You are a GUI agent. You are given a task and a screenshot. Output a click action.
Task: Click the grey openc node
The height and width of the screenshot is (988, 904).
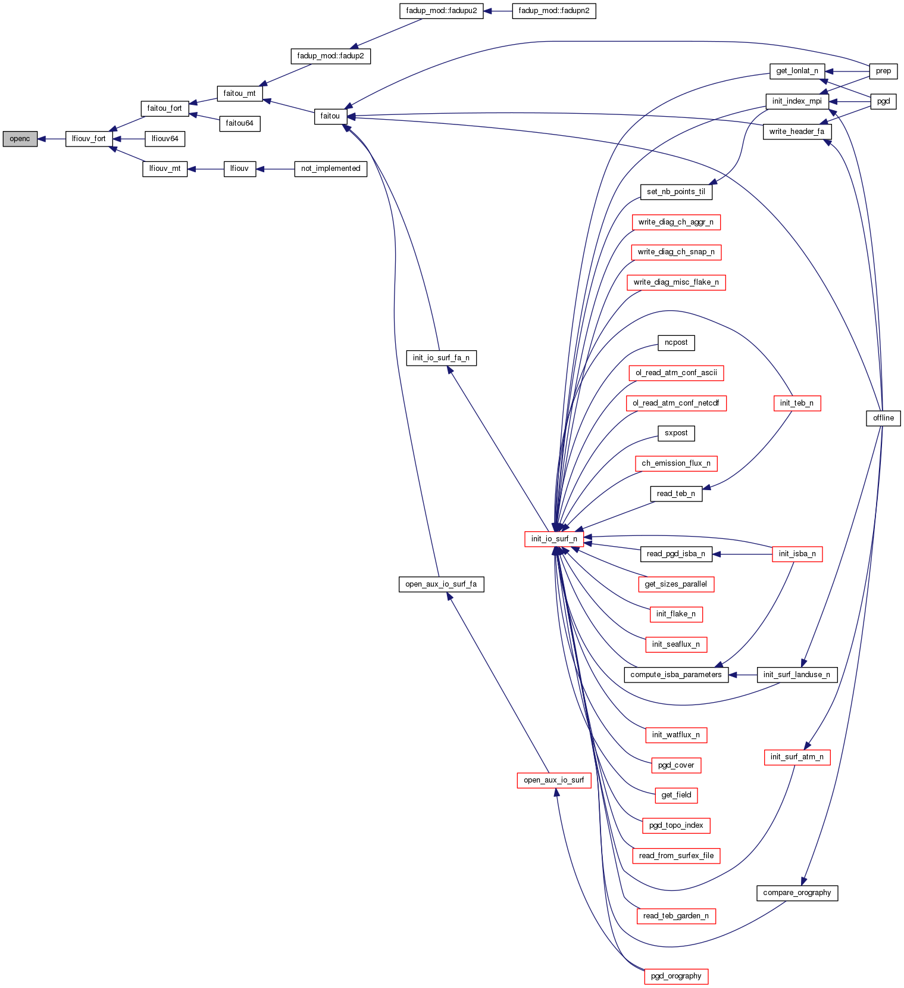(x=20, y=139)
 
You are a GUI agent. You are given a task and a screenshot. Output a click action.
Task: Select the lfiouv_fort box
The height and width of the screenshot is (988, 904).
(x=89, y=139)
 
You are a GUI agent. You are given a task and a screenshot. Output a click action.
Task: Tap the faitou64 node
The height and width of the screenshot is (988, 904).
(x=240, y=123)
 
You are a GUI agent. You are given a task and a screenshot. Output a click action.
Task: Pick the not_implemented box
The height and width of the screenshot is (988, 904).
(x=330, y=169)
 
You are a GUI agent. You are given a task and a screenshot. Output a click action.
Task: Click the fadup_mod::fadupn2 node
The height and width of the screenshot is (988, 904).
(x=553, y=11)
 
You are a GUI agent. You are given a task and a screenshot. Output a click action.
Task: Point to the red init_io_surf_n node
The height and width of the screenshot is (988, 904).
(x=553, y=539)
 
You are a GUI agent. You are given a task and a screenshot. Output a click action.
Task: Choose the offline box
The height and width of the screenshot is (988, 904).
(x=883, y=418)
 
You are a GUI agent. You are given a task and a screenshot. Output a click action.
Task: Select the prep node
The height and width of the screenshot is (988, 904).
(x=883, y=71)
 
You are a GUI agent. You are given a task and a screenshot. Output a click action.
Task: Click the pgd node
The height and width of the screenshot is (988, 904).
(x=883, y=101)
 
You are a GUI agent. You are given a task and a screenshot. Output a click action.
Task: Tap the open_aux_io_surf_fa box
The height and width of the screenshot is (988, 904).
(x=440, y=584)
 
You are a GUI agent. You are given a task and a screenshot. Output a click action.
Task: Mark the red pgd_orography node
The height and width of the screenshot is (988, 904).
(x=676, y=976)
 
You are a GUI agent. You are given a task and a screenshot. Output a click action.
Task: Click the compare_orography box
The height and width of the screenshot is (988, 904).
(x=797, y=893)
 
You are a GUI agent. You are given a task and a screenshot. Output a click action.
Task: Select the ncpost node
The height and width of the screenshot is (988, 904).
(x=676, y=342)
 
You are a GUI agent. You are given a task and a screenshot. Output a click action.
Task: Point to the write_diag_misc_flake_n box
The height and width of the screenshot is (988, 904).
(x=676, y=282)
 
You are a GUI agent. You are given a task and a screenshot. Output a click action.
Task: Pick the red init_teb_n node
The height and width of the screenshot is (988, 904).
(x=797, y=403)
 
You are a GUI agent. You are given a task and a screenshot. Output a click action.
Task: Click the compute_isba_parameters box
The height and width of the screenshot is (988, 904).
(x=676, y=675)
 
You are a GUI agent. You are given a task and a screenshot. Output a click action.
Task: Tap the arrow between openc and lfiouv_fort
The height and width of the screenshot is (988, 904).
(x=51, y=139)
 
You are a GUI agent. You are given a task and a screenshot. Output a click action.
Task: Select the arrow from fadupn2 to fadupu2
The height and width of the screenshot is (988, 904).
(x=498, y=11)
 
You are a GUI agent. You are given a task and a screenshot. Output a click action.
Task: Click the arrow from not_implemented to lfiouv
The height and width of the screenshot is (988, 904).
(x=275, y=169)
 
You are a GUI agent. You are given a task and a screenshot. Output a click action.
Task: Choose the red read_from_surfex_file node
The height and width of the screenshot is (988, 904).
(x=676, y=856)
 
